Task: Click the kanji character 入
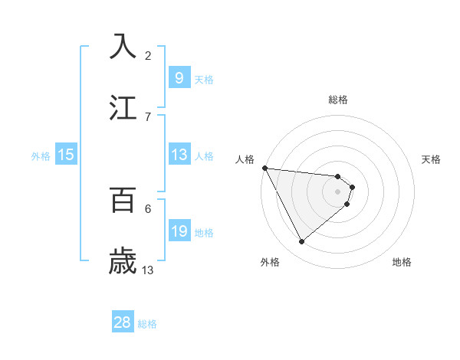[123, 47]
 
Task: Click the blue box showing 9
[179, 77]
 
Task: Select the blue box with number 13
[179, 154]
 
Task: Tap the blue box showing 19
[179, 231]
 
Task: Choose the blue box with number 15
[66, 155]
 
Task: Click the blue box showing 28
[123, 322]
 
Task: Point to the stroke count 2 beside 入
[148, 55]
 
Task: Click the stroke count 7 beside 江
[148, 116]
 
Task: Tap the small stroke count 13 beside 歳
[148, 270]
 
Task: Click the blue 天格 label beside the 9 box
[204, 79]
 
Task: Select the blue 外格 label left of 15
[41, 156]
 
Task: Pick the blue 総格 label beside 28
[147, 324]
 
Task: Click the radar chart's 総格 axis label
[338, 100]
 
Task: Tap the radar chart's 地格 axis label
[402, 262]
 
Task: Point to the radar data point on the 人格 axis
[264, 168]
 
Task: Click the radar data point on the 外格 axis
[301, 241]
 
